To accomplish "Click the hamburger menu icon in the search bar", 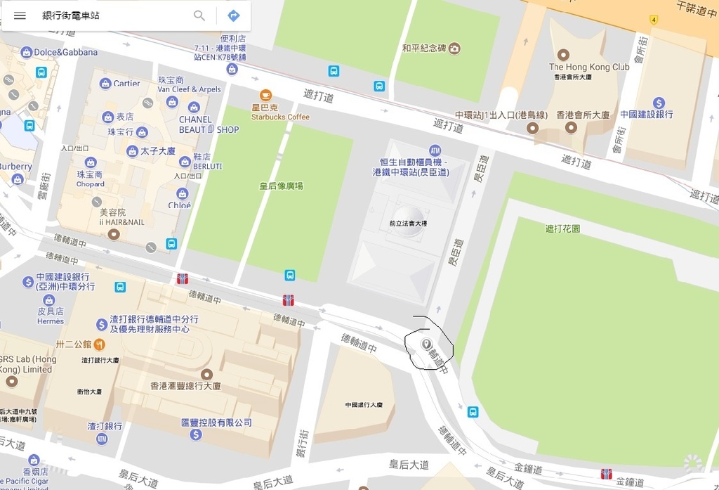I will [x=20, y=15].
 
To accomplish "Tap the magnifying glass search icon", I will [x=199, y=15].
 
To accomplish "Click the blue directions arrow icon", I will [x=234, y=15].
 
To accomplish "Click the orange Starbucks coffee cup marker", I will [x=265, y=95].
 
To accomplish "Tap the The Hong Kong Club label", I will [x=588, y=67].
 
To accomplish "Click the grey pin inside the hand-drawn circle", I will [x=426, y=344].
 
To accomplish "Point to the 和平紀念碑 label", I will [x=423, y=49].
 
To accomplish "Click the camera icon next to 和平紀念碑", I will [x=455, y=49].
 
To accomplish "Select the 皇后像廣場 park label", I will [x=281, y=186].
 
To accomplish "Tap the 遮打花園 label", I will [x=562, y=228].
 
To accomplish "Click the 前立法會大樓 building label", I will [x=408, y=224].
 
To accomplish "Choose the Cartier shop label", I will [x=127, y=83].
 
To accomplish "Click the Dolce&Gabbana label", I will [x=66, y=52].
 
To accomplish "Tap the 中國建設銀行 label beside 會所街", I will [x=646, y=114].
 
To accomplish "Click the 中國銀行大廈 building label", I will [x=364, y=405].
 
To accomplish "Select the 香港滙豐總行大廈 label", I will [x=186, y=386].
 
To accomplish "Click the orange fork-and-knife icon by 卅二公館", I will [x=100, y=344].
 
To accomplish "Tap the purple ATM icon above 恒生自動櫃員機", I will [x=435, y=150].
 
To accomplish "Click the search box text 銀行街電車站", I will [x=71, y=15].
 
